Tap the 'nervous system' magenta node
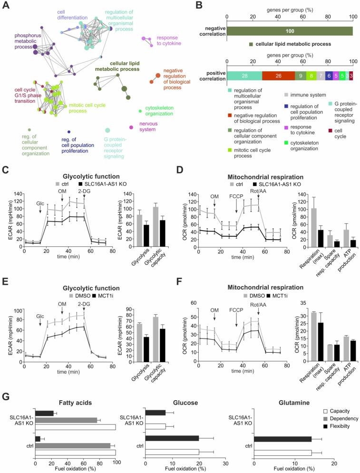pyautogui.click(x=131, y=127)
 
